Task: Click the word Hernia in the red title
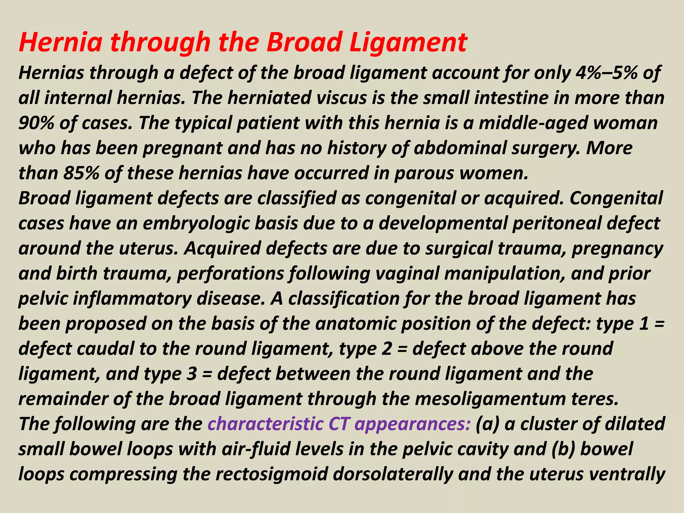tap(60, 42)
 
